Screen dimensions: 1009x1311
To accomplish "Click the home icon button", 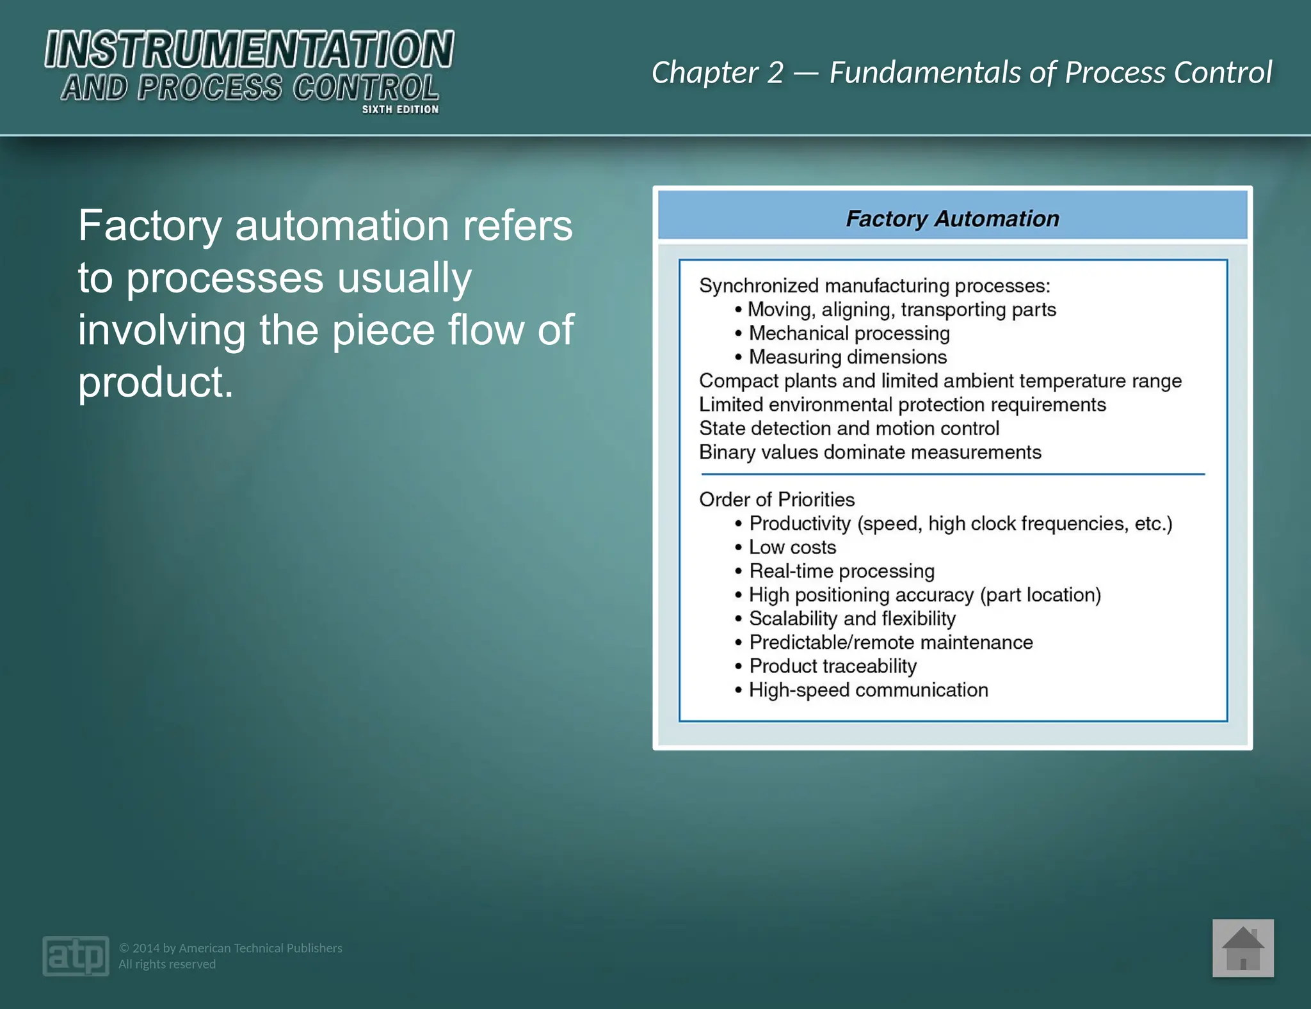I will [1243, 948].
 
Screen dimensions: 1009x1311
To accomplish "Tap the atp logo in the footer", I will [76, 956].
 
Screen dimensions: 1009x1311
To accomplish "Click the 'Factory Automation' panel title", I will [952, 219].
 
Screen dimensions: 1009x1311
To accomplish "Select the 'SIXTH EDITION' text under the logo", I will [400, 109].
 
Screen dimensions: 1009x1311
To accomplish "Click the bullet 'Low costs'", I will [792, 548].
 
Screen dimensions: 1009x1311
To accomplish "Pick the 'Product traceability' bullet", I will [832, 666].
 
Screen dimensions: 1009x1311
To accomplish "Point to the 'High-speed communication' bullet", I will [868, 690].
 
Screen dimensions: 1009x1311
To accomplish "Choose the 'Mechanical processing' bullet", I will [849, 333].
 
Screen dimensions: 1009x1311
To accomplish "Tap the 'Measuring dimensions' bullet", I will [848, 357].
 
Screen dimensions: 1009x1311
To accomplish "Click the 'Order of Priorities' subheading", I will [776, 500].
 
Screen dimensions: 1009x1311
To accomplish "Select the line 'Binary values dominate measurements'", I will [870, 452].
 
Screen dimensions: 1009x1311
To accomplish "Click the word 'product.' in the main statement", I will [156, 382].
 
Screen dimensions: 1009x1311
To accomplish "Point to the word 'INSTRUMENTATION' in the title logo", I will [249, 50].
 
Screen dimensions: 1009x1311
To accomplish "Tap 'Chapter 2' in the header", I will [717, 73].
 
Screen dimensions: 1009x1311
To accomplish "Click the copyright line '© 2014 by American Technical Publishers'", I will [230, 948].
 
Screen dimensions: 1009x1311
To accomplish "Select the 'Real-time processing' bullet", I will [841, 571].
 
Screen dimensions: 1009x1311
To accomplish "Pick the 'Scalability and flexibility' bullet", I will [851, 619].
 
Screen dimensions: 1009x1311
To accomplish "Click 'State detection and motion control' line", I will [849, 429].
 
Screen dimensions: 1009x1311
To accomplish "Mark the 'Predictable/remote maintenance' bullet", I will [890, 642].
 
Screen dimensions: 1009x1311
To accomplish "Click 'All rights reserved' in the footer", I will [167, 964].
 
